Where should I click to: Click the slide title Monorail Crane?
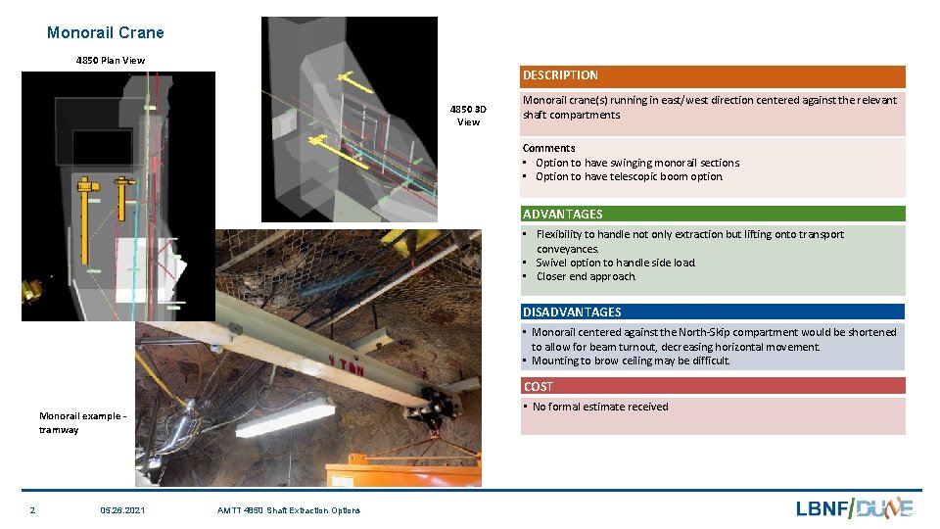106,32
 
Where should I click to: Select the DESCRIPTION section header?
560,75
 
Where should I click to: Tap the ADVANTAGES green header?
562,214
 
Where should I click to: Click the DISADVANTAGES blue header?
572,312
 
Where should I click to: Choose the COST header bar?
538,386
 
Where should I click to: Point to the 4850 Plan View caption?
111,61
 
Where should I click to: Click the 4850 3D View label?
468,115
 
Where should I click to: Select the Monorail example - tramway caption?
82,422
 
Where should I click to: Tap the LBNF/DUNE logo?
853,507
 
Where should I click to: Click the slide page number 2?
32,510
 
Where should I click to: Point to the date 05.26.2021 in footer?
122,510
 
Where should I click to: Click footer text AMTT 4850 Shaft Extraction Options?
288,510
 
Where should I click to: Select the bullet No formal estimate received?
599,407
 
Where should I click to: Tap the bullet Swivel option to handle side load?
615,263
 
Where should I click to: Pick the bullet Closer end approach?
585,276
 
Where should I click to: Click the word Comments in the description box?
549,148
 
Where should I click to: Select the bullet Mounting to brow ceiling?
631,361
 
